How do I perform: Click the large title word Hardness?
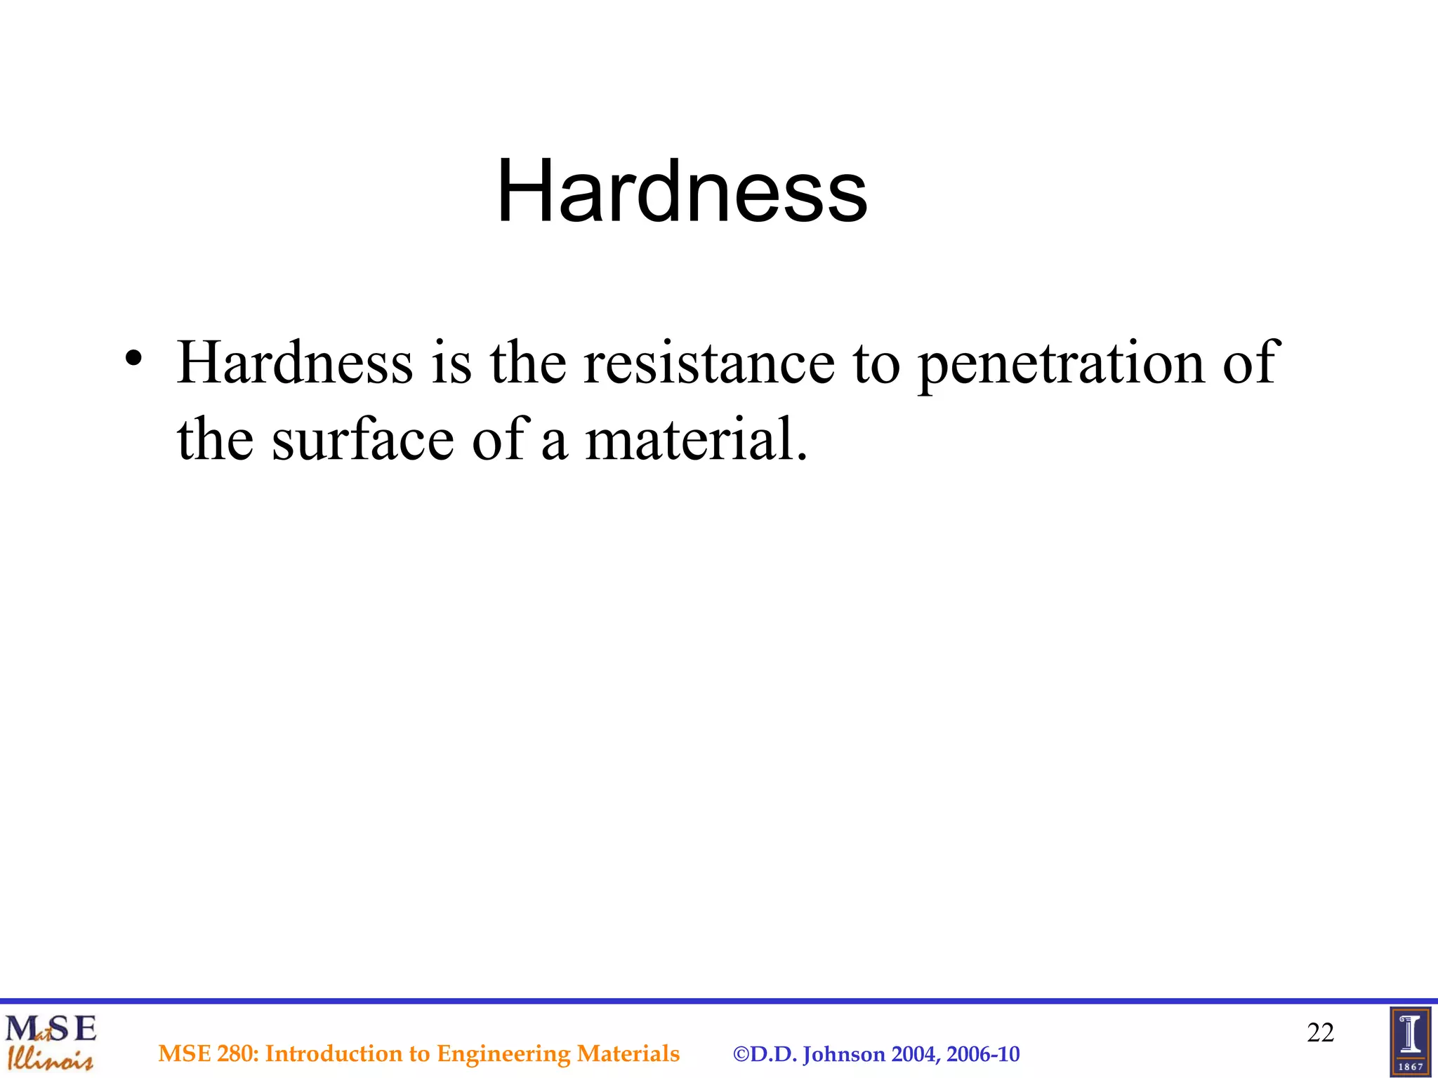pyautogui.click(x=682, y=191)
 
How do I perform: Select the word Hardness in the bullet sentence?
pyautogui.click(x=295, y=363)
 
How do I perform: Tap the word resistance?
pyautogui.click(x=709, y=363)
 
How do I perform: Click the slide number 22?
pyautogui.click(x=1320, y=1032)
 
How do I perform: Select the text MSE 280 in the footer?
pyautogui.click(x=209, y=1053)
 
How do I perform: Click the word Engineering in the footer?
pyautogui.click(x=503, y=1053)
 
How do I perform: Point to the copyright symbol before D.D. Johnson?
pyautogui.click(x=741, y=1054)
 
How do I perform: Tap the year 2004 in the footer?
pyautogui.click(x=915, y=1054)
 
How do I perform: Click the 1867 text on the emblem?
pyautogui.click(x=1411, y=1067)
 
